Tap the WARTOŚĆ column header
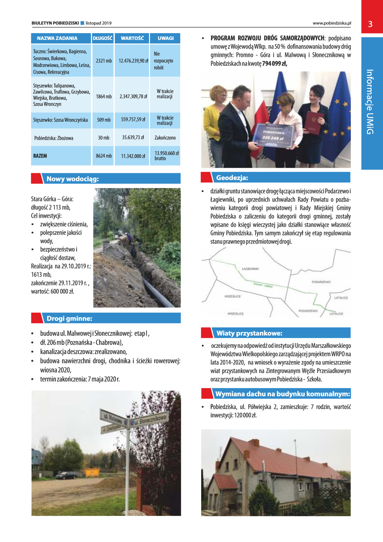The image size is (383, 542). point(132,38)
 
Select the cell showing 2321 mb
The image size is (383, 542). point(104,61)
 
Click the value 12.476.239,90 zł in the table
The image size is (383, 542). point(133,61)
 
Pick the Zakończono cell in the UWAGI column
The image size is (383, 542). point(165,138)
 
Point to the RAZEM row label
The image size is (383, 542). point(40,156)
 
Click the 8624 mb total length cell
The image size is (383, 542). point(104,156)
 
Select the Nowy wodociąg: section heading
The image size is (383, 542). point(73,179)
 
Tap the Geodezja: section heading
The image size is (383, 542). point(232,178)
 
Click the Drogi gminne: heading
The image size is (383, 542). point(69,319)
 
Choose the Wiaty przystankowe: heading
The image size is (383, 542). point(249,333)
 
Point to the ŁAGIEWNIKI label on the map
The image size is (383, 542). point(250,269)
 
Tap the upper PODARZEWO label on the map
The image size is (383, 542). point(321,282)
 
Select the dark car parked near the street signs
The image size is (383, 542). point(66,475)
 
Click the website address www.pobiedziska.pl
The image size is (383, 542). point(332,23)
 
